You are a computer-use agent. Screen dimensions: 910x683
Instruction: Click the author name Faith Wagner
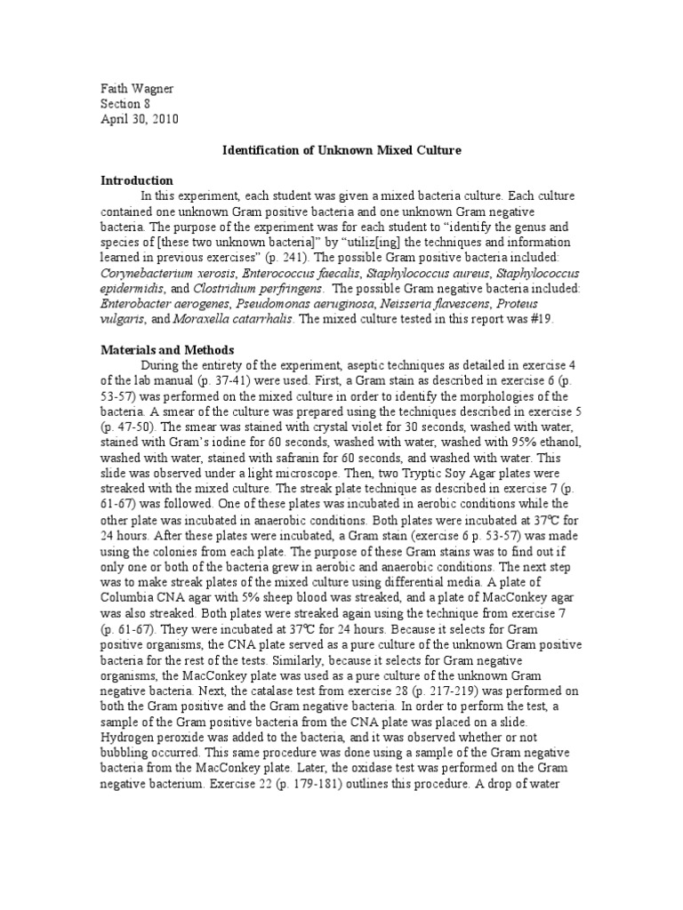tap(137, 88)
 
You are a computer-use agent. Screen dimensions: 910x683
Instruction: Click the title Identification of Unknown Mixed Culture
tap(341, 150)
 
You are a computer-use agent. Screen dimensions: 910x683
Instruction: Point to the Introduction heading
tap(136, 180)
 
